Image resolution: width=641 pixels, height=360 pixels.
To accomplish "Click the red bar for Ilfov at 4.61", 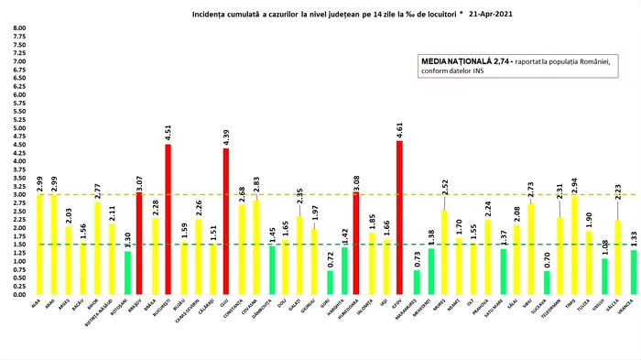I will click(399, 218).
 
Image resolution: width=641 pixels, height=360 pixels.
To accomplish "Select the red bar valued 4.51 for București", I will click(168, 220).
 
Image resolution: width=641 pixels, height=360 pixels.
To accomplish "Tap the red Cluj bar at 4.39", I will click(226, 222).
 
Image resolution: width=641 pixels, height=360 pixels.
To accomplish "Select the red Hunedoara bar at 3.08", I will click(355, 244).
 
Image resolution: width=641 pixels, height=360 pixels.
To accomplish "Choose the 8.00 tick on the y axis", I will click(19, 28).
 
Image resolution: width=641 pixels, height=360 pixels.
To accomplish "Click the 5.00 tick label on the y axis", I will click(19, 128).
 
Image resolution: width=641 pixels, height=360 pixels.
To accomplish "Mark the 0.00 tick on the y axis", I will click(19, 295).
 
